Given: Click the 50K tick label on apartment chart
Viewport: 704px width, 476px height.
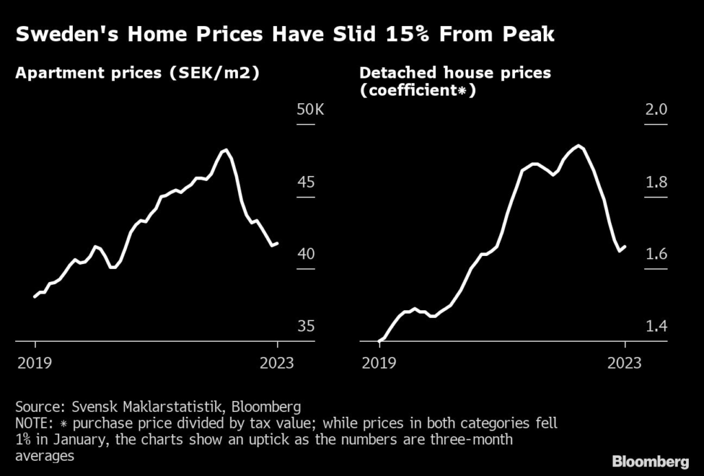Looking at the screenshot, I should tap(309, 110).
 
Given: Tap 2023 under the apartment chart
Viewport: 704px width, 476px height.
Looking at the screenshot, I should tap(276, 363).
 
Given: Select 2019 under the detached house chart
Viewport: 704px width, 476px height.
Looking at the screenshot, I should tap(379, 363).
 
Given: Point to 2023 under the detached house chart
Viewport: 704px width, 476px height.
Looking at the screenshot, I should tap(624, 363).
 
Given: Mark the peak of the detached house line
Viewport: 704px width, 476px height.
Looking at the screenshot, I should tap(580, 146).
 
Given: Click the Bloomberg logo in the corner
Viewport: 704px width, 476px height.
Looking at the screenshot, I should tap(650, 460).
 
